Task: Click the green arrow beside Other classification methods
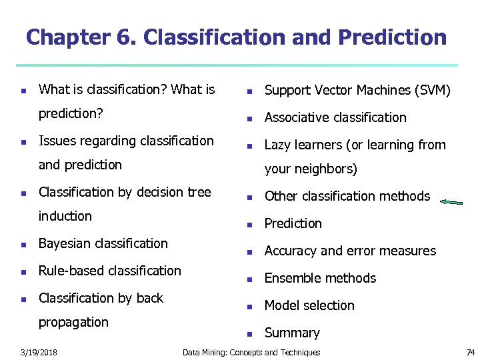pos(451,201)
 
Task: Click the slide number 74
pos(470,352)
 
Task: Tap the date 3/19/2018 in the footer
pos(38,352)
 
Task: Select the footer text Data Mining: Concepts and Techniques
pos(251,352)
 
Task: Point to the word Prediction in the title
pos(392,37)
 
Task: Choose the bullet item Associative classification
pos(335,117)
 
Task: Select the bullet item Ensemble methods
pos(320,278)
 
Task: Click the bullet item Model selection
pos(309,305)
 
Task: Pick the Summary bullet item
pos(292,333)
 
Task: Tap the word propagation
pos(73,322)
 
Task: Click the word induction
pos(65,216)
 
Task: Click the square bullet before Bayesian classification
pos(23,245)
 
